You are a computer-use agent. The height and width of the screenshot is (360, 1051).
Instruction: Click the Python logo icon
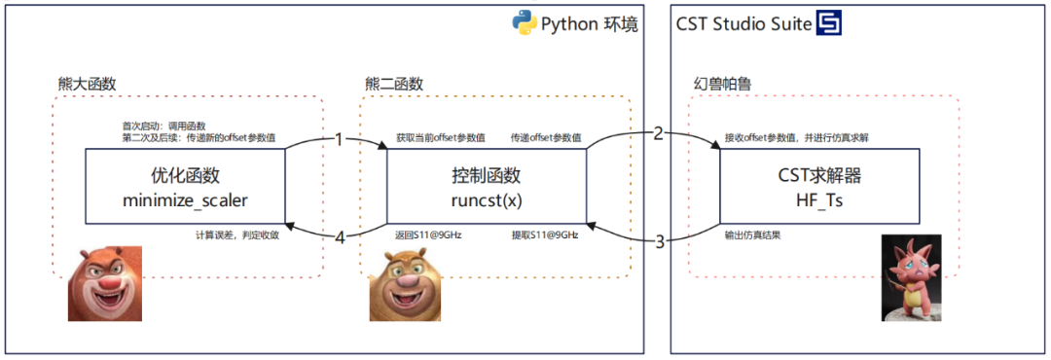524,23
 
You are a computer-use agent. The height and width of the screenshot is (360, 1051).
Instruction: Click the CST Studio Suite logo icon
829,23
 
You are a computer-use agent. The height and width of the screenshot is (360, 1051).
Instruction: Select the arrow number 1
339,139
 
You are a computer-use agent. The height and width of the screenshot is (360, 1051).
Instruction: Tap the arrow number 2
658,133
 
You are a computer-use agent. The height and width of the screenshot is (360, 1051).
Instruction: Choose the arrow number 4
339,236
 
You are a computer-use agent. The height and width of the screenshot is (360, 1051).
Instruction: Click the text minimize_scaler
185,200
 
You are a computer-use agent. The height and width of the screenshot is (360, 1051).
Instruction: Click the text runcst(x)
487,200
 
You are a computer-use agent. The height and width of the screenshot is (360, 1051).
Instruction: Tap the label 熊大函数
88,84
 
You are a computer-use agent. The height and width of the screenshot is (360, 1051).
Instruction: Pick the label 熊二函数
394,84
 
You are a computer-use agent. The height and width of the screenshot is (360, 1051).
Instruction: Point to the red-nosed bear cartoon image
104,283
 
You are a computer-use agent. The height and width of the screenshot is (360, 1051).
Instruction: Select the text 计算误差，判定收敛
237,235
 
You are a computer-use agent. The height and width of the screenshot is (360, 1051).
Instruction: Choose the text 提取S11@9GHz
545,235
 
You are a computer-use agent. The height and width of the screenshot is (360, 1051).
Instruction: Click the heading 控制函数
487,176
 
